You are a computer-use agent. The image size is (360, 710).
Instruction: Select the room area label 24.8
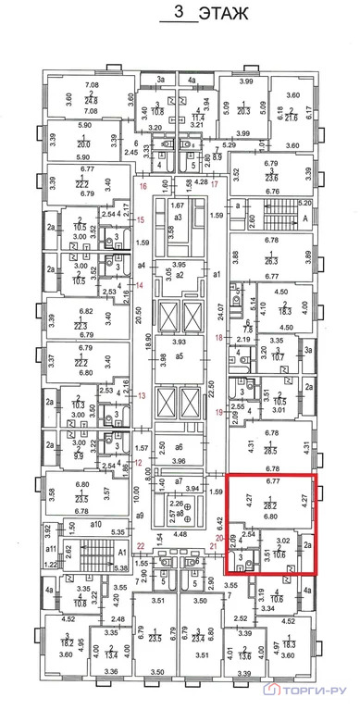(x=92, y=102)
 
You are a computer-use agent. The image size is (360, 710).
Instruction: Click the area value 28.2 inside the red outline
(x=272, y=506)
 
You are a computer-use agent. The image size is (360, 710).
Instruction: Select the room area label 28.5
(x=271, y=452)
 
